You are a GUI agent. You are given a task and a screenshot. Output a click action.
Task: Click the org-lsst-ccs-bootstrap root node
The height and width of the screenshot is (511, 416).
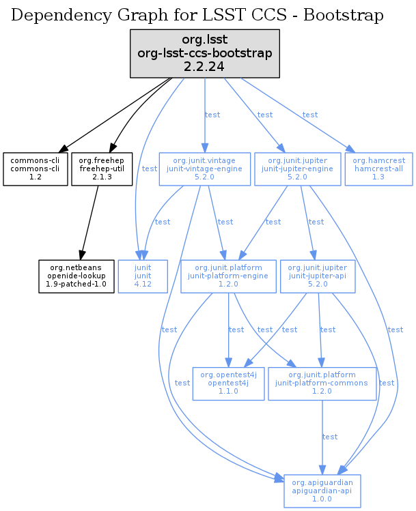coord(205,53)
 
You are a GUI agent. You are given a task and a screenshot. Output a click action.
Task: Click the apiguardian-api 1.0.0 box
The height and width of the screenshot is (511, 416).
coord(321,490)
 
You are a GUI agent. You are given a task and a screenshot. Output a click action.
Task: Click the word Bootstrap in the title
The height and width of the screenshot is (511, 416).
coord(344,15)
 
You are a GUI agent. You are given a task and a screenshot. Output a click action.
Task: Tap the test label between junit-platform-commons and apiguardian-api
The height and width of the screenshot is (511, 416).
coord(330,437)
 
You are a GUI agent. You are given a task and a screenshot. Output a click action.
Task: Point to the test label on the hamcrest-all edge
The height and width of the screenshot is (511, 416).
coord(310,115)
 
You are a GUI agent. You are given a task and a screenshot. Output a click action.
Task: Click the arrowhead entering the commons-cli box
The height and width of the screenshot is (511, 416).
coord(62,149)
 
